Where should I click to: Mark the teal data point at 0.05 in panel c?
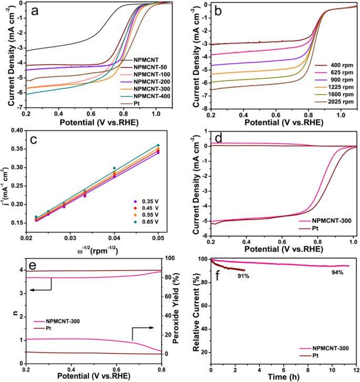point(158,145)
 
